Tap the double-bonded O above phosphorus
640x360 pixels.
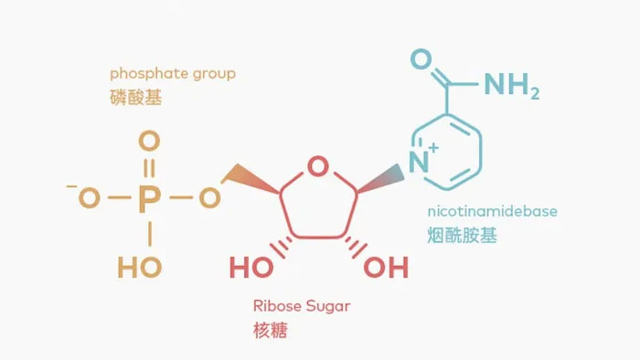(148, 142)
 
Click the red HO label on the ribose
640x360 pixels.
(251, 269)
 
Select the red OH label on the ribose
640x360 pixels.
(386, 269)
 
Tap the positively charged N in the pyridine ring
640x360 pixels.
(419, 164)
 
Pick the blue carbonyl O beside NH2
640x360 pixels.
(421, 60)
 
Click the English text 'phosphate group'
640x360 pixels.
(172, 73)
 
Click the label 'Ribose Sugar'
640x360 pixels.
(301, 306)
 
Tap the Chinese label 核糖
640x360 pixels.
(270, 330)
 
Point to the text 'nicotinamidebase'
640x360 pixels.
(492, 211)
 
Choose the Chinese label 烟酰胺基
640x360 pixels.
(463, 236)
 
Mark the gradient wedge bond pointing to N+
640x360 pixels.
(380, 177)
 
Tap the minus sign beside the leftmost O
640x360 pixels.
(71, 188)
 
